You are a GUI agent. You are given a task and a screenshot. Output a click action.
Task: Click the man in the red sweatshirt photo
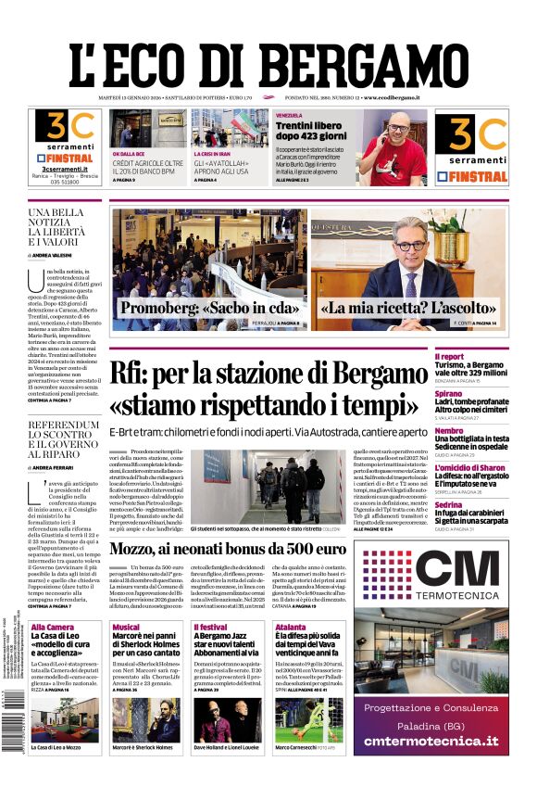click(393, 147)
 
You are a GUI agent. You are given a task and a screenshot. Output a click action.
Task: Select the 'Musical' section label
click(126, 628)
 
